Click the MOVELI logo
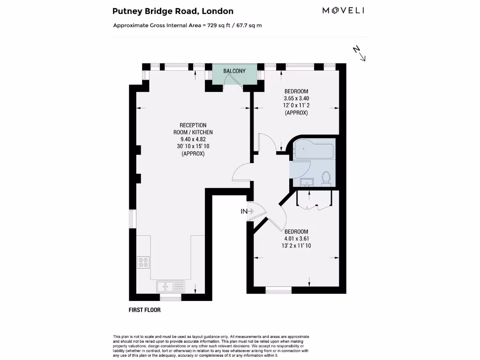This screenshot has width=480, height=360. (343, 10)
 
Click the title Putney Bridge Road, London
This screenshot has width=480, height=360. (173, 11)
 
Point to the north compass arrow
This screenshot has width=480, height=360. (359, 53)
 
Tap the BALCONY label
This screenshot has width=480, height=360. (234, 71)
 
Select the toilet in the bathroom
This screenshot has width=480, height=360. (326, 177)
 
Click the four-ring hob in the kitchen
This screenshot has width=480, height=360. (143, 262)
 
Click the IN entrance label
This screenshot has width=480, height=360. (244, 211)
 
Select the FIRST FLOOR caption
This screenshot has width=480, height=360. (144, 310)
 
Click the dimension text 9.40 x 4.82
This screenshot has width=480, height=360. (193, 139)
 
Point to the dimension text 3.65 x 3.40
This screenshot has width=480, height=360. (296, 98)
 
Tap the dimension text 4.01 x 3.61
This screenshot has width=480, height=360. (296, 239)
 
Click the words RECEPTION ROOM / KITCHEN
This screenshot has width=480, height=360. (193, 129)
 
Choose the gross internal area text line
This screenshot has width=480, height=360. (187, 25)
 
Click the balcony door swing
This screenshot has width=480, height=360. (230, 80)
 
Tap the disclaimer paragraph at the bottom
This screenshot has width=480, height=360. (211, 346)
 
